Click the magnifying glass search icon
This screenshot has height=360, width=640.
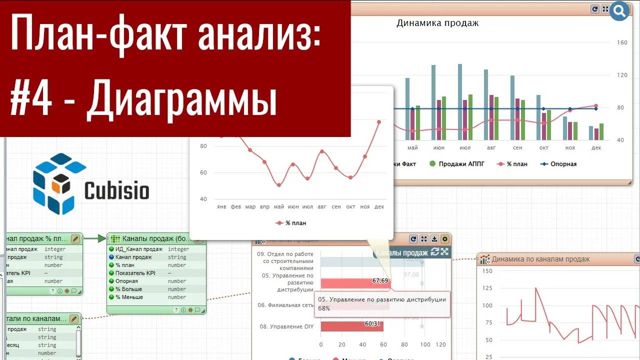[x=619, y=10]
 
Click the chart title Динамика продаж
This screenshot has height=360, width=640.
[x=437, y=23]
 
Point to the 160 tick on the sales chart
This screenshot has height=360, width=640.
[x=622, y=42]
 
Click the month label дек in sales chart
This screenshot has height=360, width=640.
[x=596, y=148]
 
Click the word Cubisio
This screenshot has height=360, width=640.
[x=116, y=190]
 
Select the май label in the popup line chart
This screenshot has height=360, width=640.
[x=278, y=206]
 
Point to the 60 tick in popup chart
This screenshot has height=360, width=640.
[x=203, y=172]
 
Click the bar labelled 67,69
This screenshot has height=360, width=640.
[x=355, y=283]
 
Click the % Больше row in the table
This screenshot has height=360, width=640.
[x=128, y=289]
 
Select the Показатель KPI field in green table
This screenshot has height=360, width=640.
[x=136, y=273]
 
